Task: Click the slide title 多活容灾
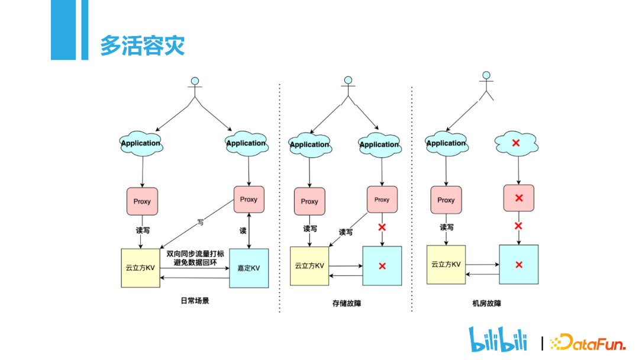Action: (x=142, y=45)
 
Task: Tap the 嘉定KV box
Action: (x=249, y=268)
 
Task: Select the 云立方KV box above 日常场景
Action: (x=141, y=268)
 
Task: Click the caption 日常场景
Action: (x=195, y=301)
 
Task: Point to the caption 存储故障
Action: (x=347, y=303)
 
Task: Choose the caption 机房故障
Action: (x=486, y=303)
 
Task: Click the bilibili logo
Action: (x=498, y=339)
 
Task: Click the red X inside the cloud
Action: (x=516, y=143)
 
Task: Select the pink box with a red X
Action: (x=519, y=198)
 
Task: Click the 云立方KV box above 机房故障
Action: (x=446, y=265)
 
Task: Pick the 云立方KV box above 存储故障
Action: (x=309, y=266)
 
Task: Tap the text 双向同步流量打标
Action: (x=195, y=253)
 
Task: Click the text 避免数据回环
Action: (x=195, y=262)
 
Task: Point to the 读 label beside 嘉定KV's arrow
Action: (x=243, y=231)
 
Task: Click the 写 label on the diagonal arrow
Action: (x=201, y=222)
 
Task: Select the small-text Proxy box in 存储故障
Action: (x=382, y=200)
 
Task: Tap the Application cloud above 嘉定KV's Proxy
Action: (x=247, y=143)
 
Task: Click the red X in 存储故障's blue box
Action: (x=382, y=266)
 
